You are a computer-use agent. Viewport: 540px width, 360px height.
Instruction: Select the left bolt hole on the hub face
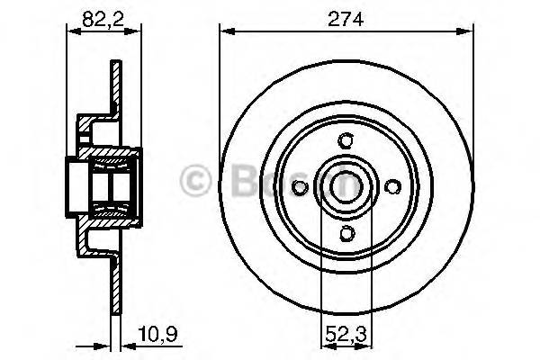click(301, 186)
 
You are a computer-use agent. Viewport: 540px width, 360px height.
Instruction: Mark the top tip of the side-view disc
click(115, 64)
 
